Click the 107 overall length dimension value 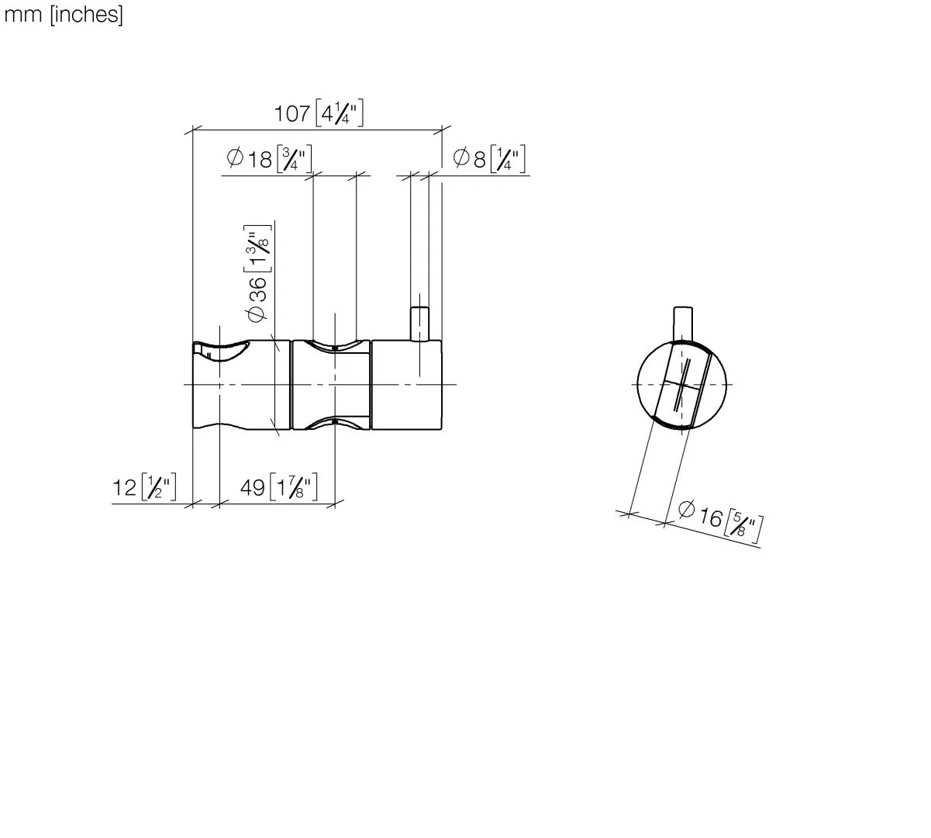(x=292, y=114)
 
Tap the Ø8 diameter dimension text (x=471, y=159)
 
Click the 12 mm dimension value (x=125, y=488)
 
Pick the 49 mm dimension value (x=252, y=488)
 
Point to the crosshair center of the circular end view (x=681, y=385)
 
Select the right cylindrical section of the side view (x=406, y=384)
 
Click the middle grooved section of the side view (x=331, y=384)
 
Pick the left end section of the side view (x=233, y=384)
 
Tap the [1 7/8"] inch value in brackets (x=293, y=488)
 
